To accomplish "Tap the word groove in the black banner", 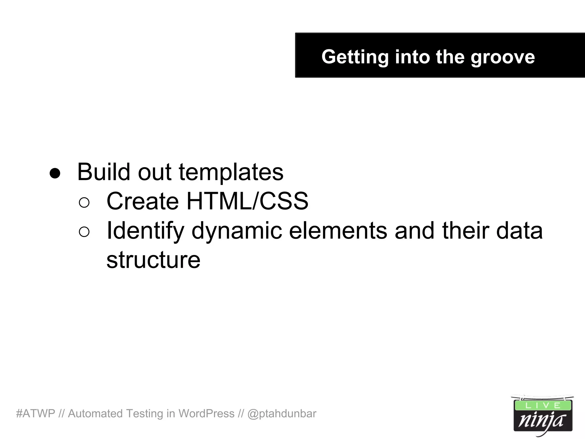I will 502,57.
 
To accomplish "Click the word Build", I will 104,172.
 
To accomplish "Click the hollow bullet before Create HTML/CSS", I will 84,203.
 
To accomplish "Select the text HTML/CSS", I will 247,201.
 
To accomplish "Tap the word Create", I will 143,201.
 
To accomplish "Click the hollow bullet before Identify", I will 84,232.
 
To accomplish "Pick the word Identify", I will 145,231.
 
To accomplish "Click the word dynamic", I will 237,231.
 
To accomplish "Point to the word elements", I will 338,231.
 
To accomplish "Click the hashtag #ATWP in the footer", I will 36,414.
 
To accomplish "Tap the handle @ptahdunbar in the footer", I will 282,414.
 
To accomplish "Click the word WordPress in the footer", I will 206,414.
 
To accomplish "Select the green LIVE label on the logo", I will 542,406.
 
